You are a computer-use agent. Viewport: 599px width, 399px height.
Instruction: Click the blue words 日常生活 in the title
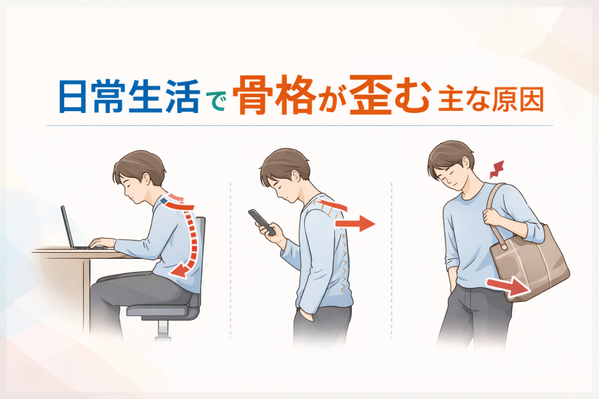(x=130, y=96)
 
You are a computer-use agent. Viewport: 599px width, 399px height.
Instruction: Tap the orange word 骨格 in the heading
(x=274, y=96)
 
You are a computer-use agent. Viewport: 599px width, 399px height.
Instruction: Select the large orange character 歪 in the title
(x=369, y=96)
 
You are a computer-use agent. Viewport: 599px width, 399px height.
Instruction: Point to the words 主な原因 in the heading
(x=491, y=100)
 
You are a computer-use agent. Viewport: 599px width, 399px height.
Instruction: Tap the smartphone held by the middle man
(x=262, y=222)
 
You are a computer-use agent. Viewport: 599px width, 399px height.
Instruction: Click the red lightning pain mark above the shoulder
(x=497, y=170)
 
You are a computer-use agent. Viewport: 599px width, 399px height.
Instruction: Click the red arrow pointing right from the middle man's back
(x=355, y=223)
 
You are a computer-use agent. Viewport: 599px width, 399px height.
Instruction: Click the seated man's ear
(x=146, y=179)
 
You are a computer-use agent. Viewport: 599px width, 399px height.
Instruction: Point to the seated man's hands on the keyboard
(x=102, y=243)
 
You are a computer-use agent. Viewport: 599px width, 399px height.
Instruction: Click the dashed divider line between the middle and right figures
(x=391, y=261)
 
